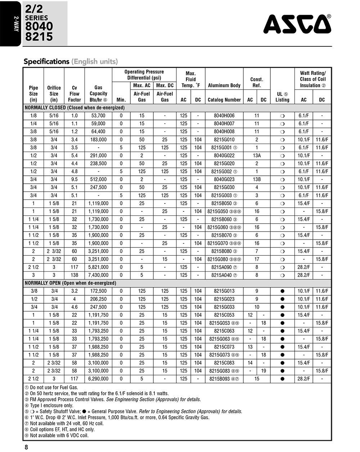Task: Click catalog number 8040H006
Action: (224, 116)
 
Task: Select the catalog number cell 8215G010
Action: (224, 139)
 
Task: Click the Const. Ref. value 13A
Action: (257, 156)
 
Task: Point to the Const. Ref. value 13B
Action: (257, 179)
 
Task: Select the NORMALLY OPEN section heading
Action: (70, 283)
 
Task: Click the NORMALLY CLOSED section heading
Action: (75, 108)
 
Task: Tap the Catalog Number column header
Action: (224, 100)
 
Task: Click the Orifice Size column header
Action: (54, 94)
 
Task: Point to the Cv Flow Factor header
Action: (75, 94)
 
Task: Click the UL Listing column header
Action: (282, 97)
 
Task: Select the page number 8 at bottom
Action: (26, 447)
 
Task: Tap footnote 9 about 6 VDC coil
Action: (56, 435)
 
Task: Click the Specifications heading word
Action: (46, 61)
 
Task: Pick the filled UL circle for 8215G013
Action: (282, 291)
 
